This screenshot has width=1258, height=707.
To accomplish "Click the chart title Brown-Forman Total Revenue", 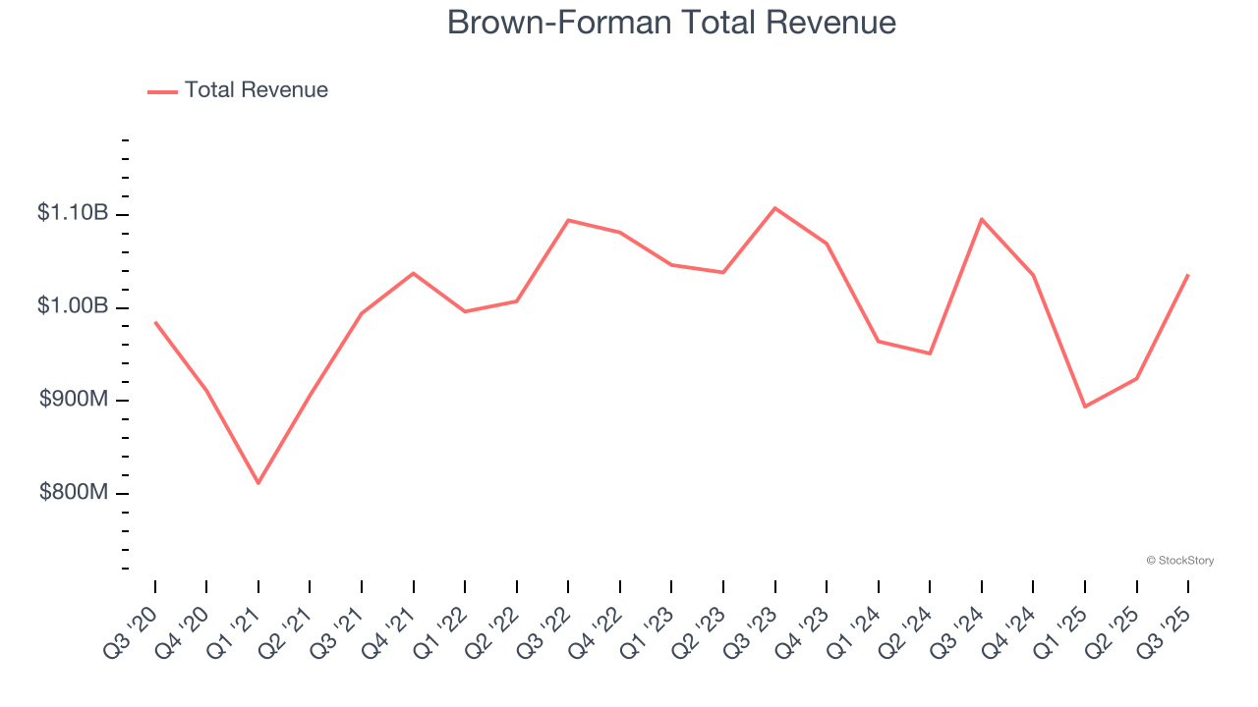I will pos(671,23).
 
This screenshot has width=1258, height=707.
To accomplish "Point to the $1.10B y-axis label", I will pos(73,213).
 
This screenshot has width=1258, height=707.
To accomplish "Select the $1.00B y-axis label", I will pos(73,306).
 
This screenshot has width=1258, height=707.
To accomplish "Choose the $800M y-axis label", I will pos(74,492).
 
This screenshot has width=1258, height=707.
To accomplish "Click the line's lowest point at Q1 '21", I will pos(258,483).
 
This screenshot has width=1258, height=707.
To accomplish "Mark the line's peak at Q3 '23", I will pos(775,208).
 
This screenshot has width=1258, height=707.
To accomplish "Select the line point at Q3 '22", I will pos(569,220).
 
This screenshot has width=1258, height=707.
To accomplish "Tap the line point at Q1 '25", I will pos(1085,407).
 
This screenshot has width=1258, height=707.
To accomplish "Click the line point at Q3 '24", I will pos(982,219).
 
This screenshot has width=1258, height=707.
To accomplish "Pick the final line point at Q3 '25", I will pos(1188,275).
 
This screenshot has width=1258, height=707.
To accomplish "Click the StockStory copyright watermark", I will pos(1179,561).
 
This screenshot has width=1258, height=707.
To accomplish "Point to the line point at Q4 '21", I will pos(414,273).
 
